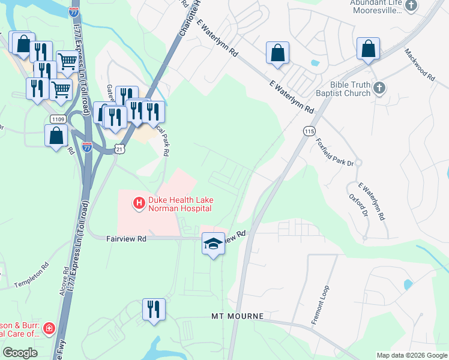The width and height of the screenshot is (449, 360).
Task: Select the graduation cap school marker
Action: [x=212, y=244]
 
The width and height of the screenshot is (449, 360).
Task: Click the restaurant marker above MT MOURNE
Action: [x=154, y=310]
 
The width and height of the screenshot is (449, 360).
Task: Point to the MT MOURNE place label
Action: [x=237, y=316]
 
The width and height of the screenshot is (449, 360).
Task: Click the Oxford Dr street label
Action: [x=357, y=205]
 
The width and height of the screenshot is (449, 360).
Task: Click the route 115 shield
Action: [x=309, y=131]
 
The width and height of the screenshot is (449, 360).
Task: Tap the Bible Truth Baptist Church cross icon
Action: [x=379, y=89]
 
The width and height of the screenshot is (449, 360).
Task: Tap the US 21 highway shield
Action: [x=120, y=148]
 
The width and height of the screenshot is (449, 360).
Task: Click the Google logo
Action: [x=20, y=353]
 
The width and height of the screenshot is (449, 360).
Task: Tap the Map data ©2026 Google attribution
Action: [x=411, y=355]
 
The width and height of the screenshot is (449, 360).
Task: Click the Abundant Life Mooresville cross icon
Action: [x=411, y=6]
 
